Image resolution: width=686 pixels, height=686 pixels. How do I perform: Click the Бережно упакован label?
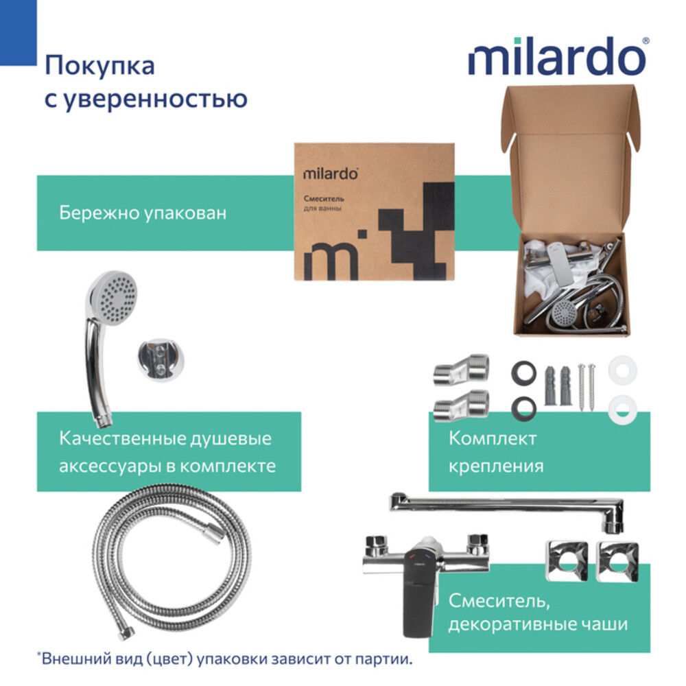point(143,213)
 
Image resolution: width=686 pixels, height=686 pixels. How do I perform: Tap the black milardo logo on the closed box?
point(330,174)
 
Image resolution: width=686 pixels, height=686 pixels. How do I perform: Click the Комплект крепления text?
point(496,452)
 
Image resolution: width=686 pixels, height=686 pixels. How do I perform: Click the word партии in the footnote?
point(384,659)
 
